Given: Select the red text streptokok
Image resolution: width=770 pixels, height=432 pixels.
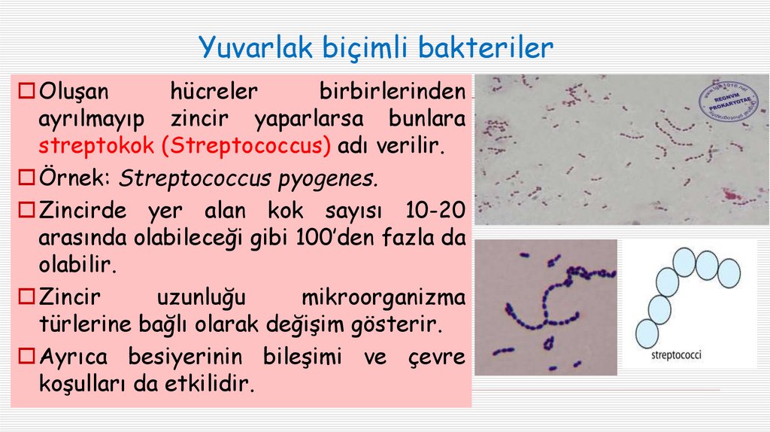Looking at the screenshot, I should (96, 146).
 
